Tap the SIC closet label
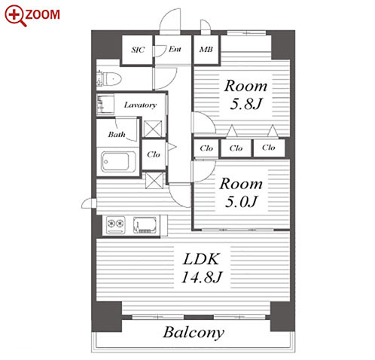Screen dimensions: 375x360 138,50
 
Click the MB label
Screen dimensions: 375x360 206,50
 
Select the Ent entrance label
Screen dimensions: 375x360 175,49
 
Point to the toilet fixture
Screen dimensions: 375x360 108,78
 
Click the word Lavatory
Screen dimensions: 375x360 140,105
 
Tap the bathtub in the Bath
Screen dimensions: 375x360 116,162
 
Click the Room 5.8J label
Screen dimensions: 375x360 246,95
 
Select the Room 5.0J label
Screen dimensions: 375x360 241,193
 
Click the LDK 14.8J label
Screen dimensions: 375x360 202,268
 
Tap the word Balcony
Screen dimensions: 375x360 194,333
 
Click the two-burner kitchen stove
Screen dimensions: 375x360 116,224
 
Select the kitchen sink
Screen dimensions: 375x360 145,225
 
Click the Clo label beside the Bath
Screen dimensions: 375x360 154,154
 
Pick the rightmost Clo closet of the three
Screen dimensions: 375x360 269,148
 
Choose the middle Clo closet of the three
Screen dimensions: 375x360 236,148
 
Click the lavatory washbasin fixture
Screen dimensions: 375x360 105,105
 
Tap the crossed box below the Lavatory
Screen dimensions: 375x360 153,129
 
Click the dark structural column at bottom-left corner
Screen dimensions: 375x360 106,317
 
